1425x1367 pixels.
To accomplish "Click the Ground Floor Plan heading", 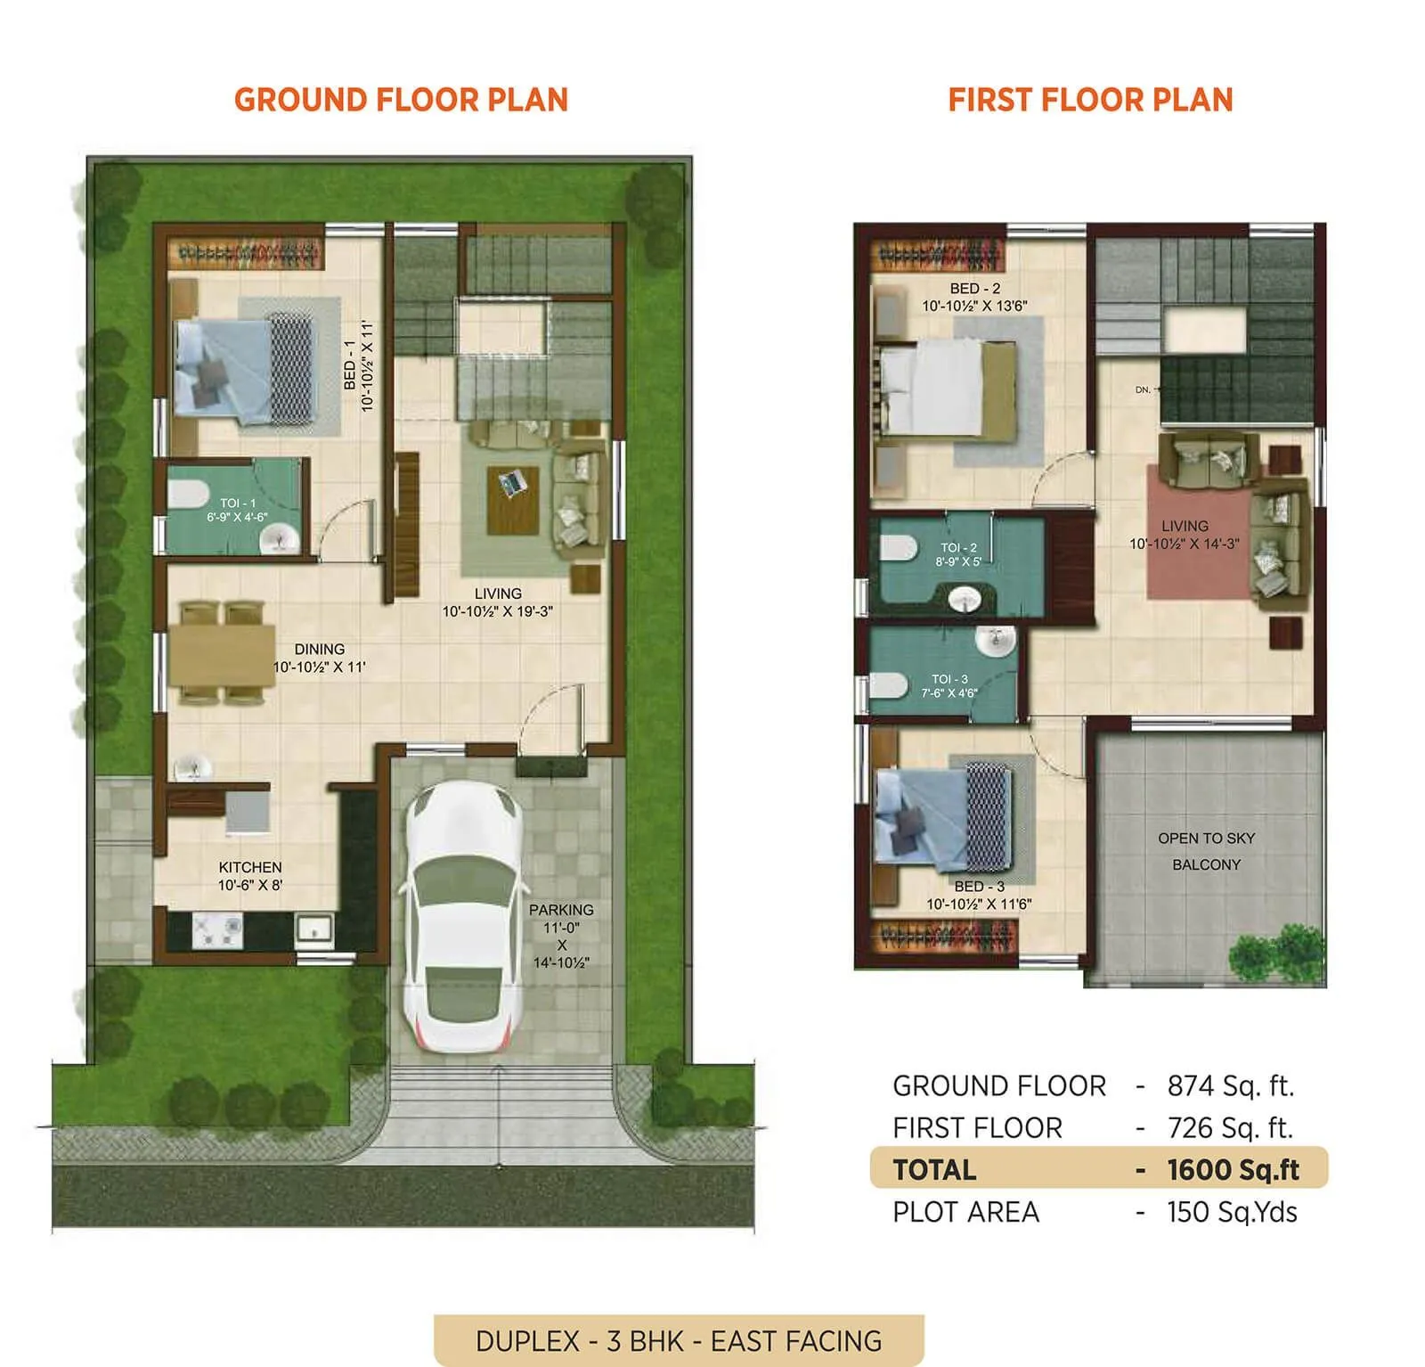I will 401,100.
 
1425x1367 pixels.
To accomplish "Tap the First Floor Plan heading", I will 1090,100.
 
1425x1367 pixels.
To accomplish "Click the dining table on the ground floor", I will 221,655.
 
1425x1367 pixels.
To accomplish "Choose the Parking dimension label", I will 561,936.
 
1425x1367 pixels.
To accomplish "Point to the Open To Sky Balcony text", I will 1206,851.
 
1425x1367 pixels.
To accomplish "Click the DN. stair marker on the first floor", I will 1144,390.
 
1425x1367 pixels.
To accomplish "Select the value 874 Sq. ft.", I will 1230,1086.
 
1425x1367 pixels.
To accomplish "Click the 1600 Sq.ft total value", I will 1233,1170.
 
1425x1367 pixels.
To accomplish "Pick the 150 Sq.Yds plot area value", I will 1232,1212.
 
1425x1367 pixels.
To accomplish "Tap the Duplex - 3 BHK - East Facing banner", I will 679,1340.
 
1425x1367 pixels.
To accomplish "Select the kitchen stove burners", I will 217,931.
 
